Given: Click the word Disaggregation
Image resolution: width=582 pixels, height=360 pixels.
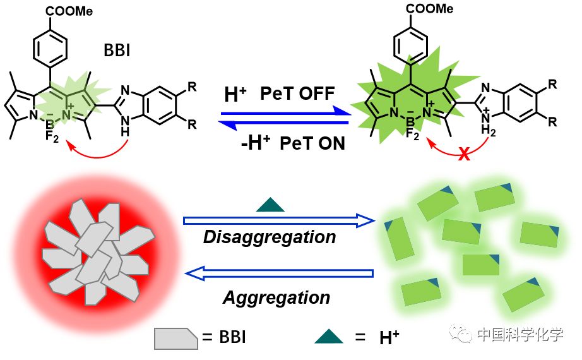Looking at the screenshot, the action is [270, 237].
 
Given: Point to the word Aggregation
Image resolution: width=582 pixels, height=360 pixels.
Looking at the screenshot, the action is [276, 297].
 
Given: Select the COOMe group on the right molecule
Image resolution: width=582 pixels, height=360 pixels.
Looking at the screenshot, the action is [429, 9].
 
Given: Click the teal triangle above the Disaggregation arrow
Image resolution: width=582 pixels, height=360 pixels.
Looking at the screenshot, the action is [270, 204].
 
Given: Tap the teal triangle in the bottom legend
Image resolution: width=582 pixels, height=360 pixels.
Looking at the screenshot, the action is [329, 336].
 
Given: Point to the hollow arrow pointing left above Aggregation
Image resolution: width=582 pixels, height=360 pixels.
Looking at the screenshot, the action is [278, 272].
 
